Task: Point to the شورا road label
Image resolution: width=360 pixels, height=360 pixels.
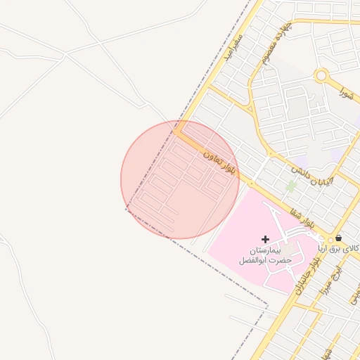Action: pyautogui.click(x=345, y=91)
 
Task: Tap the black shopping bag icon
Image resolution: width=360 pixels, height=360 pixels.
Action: pyautogui.click(x=339, y=238)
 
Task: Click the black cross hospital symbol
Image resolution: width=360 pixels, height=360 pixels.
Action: pyautogui.click(x=265, y=240)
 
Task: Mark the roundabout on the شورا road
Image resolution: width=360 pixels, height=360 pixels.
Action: pyautogui.click(x=322, y=75)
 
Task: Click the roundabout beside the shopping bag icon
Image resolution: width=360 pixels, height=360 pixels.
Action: pyautogui.click(x=329, y=240)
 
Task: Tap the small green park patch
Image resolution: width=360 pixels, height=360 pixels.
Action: pyautogui.click(x=290, y=186)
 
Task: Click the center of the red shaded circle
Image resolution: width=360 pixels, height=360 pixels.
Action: pyautogui.click(x=180, y=179)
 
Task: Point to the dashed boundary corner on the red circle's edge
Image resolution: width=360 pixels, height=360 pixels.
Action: pyautogui.click(x=127, y=208)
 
